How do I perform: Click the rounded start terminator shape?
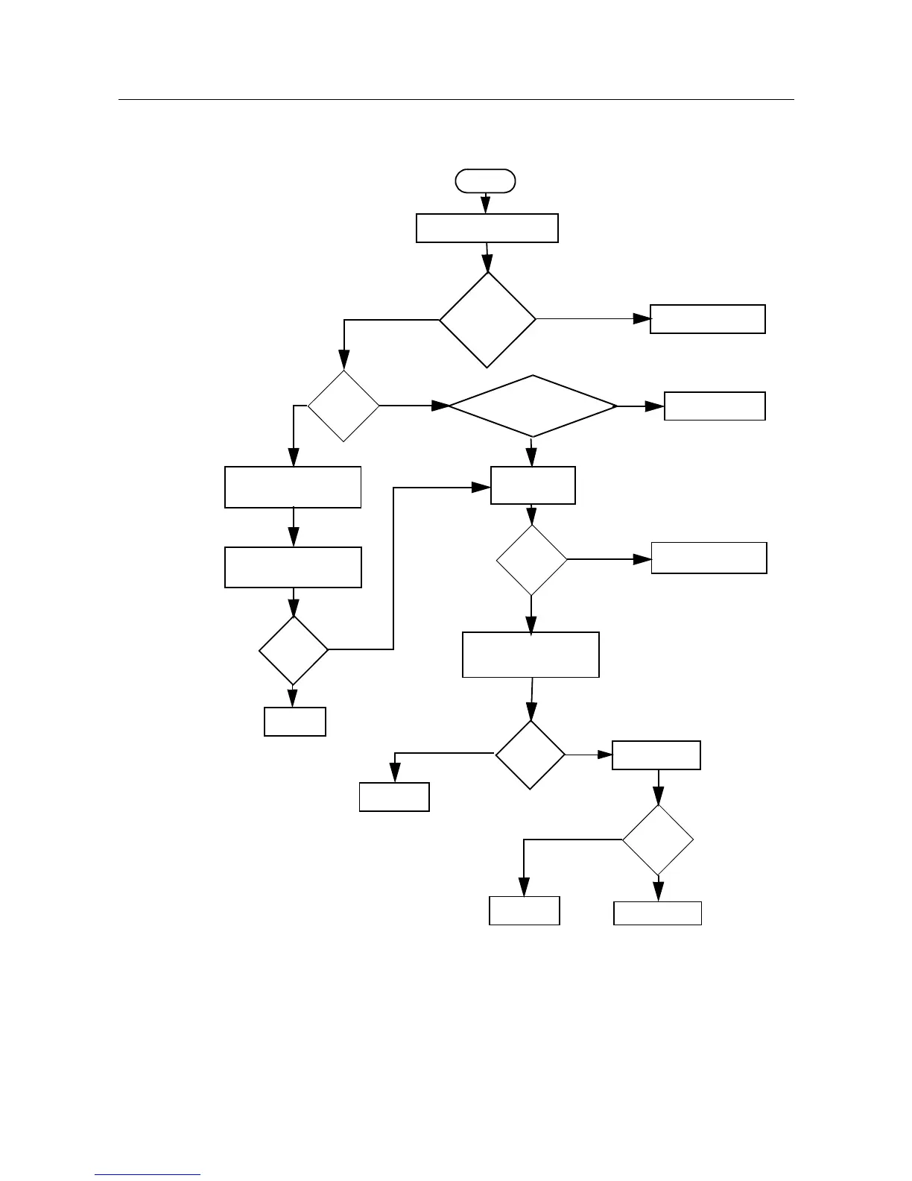tap(486, 181)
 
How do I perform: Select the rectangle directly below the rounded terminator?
tap(487, 228)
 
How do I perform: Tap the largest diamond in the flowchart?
tap(487, 320)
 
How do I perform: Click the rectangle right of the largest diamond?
tap(707, 319)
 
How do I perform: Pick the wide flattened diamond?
tap(533, 406)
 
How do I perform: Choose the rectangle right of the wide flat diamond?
tap(715, 406)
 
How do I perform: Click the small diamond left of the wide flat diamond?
tap(343, 406)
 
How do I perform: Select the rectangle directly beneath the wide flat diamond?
tap(533, 485)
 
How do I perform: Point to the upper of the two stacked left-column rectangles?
tap(293, 488)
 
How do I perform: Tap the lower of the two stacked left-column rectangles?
tap(293, 567)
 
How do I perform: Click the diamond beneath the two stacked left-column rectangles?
tap(294, 650)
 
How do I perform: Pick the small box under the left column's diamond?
tap(295, 722)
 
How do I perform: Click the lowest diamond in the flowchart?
tap(658, 840)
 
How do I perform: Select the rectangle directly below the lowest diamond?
tap(657, 913)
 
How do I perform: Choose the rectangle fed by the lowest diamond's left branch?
tap(524, 910)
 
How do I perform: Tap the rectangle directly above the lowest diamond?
tap(656, 755)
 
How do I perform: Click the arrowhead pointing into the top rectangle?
tap(486, 206)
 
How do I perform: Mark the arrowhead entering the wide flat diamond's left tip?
tap(440, 406)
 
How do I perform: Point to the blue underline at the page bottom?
tap(148, 1174)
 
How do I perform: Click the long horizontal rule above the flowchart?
tap(456, 99)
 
